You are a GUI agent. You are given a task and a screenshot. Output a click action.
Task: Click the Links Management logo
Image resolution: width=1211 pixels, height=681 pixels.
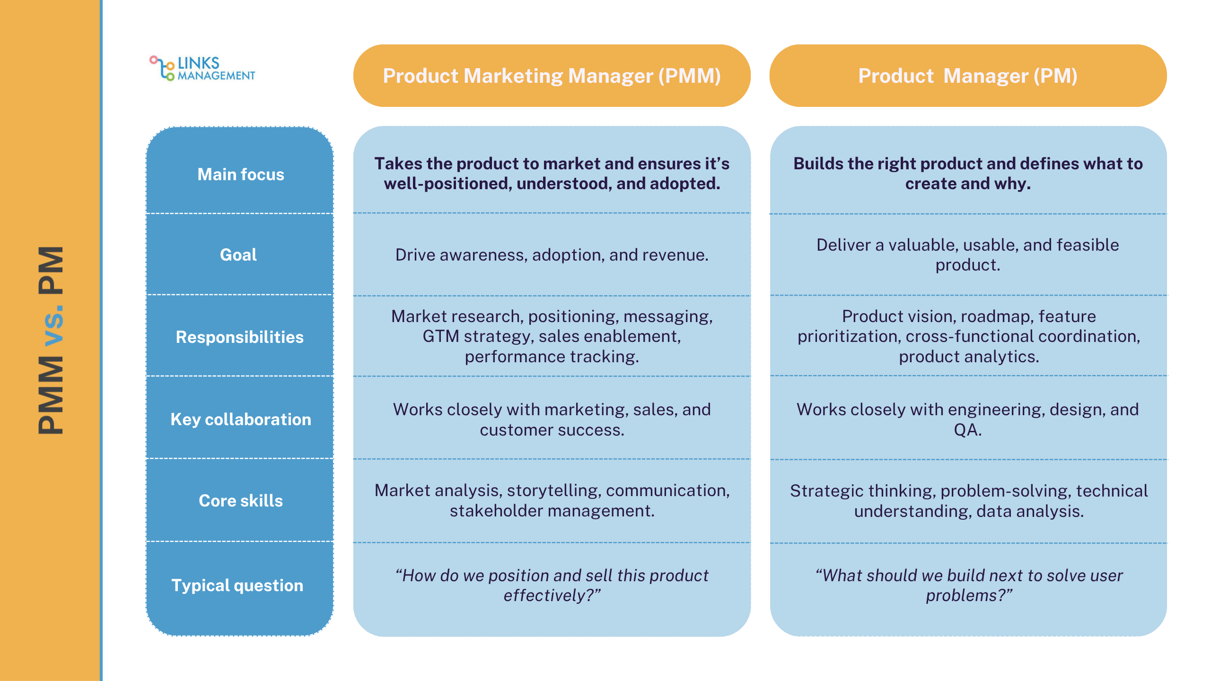tap(202, 69)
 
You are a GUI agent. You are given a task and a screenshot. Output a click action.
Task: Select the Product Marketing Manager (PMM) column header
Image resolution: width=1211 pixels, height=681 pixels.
tap(552, 76)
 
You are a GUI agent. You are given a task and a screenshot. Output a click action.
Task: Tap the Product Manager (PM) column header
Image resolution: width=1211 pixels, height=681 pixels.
tap(968, 76)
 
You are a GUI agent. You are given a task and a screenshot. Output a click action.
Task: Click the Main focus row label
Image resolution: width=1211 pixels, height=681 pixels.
tap(240, 175)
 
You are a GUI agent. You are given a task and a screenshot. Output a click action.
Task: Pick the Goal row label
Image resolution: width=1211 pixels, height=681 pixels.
tap(238, 255)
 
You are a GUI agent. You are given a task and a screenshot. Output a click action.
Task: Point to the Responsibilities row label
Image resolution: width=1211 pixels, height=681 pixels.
tap(239, 337)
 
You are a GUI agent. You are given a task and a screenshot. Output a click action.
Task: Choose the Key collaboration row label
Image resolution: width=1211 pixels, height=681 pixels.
tap(240, 419)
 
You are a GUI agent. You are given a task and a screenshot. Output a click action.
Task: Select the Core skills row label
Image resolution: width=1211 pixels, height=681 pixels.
tap(240, 501)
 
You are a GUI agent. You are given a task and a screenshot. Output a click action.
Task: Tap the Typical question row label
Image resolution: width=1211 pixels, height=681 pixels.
tap(237, 585)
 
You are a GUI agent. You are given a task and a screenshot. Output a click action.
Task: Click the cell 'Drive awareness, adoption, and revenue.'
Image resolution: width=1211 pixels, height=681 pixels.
tap(552, 255)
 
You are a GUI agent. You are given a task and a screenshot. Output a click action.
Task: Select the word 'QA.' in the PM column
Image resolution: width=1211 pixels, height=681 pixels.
tap(967, 430)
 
